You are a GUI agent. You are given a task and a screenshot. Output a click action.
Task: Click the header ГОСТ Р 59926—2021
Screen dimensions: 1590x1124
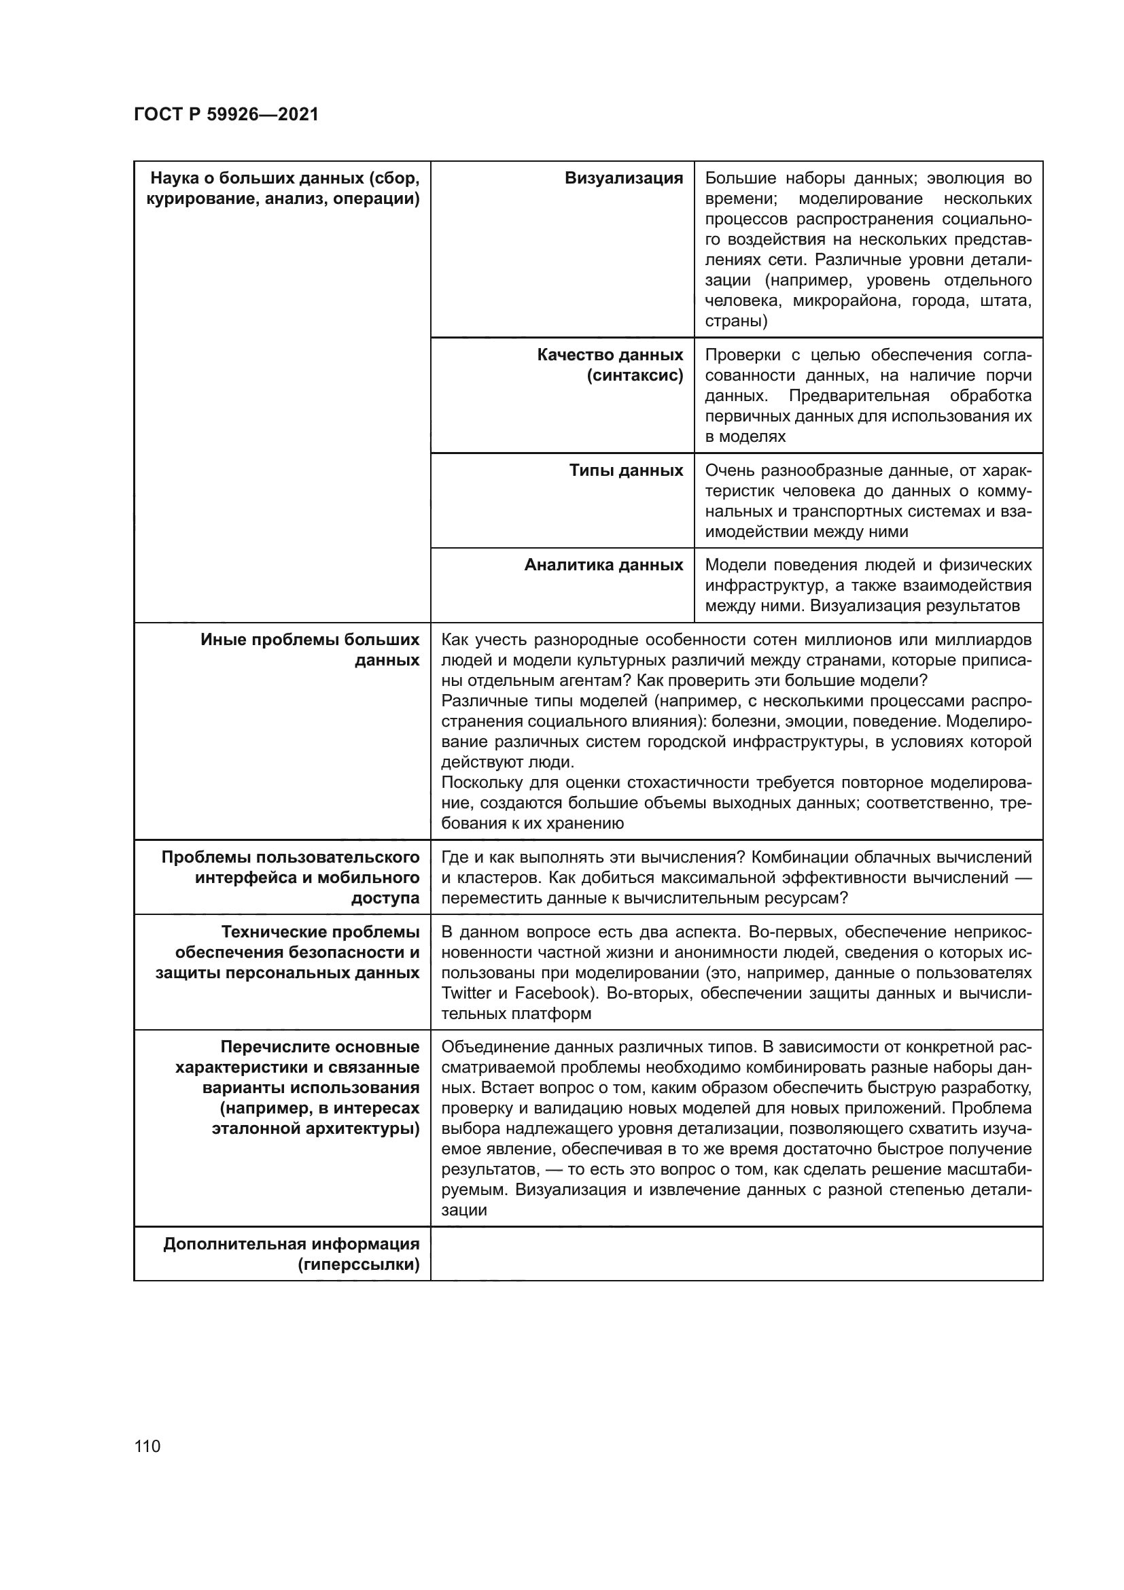226,114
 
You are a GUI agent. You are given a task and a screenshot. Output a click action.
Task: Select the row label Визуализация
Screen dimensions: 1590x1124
624,178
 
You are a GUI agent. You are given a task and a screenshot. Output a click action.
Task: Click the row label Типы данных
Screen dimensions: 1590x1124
626,470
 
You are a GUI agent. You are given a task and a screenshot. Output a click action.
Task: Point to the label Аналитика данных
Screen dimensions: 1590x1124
603,564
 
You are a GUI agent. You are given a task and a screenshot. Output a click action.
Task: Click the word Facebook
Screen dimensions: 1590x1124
552,993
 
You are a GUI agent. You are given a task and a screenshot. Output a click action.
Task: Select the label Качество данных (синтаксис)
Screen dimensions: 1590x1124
610,365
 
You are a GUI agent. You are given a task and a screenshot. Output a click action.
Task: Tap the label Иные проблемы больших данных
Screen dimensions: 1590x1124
310,650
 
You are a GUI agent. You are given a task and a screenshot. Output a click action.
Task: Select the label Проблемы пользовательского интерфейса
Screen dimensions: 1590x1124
291,878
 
